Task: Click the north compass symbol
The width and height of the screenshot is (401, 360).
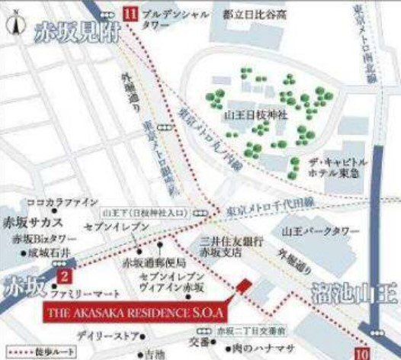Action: coord(13,24)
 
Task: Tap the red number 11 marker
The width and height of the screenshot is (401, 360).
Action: coord(130,12)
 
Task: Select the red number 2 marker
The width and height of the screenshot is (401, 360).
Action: coord(66,278)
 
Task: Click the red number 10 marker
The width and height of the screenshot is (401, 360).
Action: coord(363,352)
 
